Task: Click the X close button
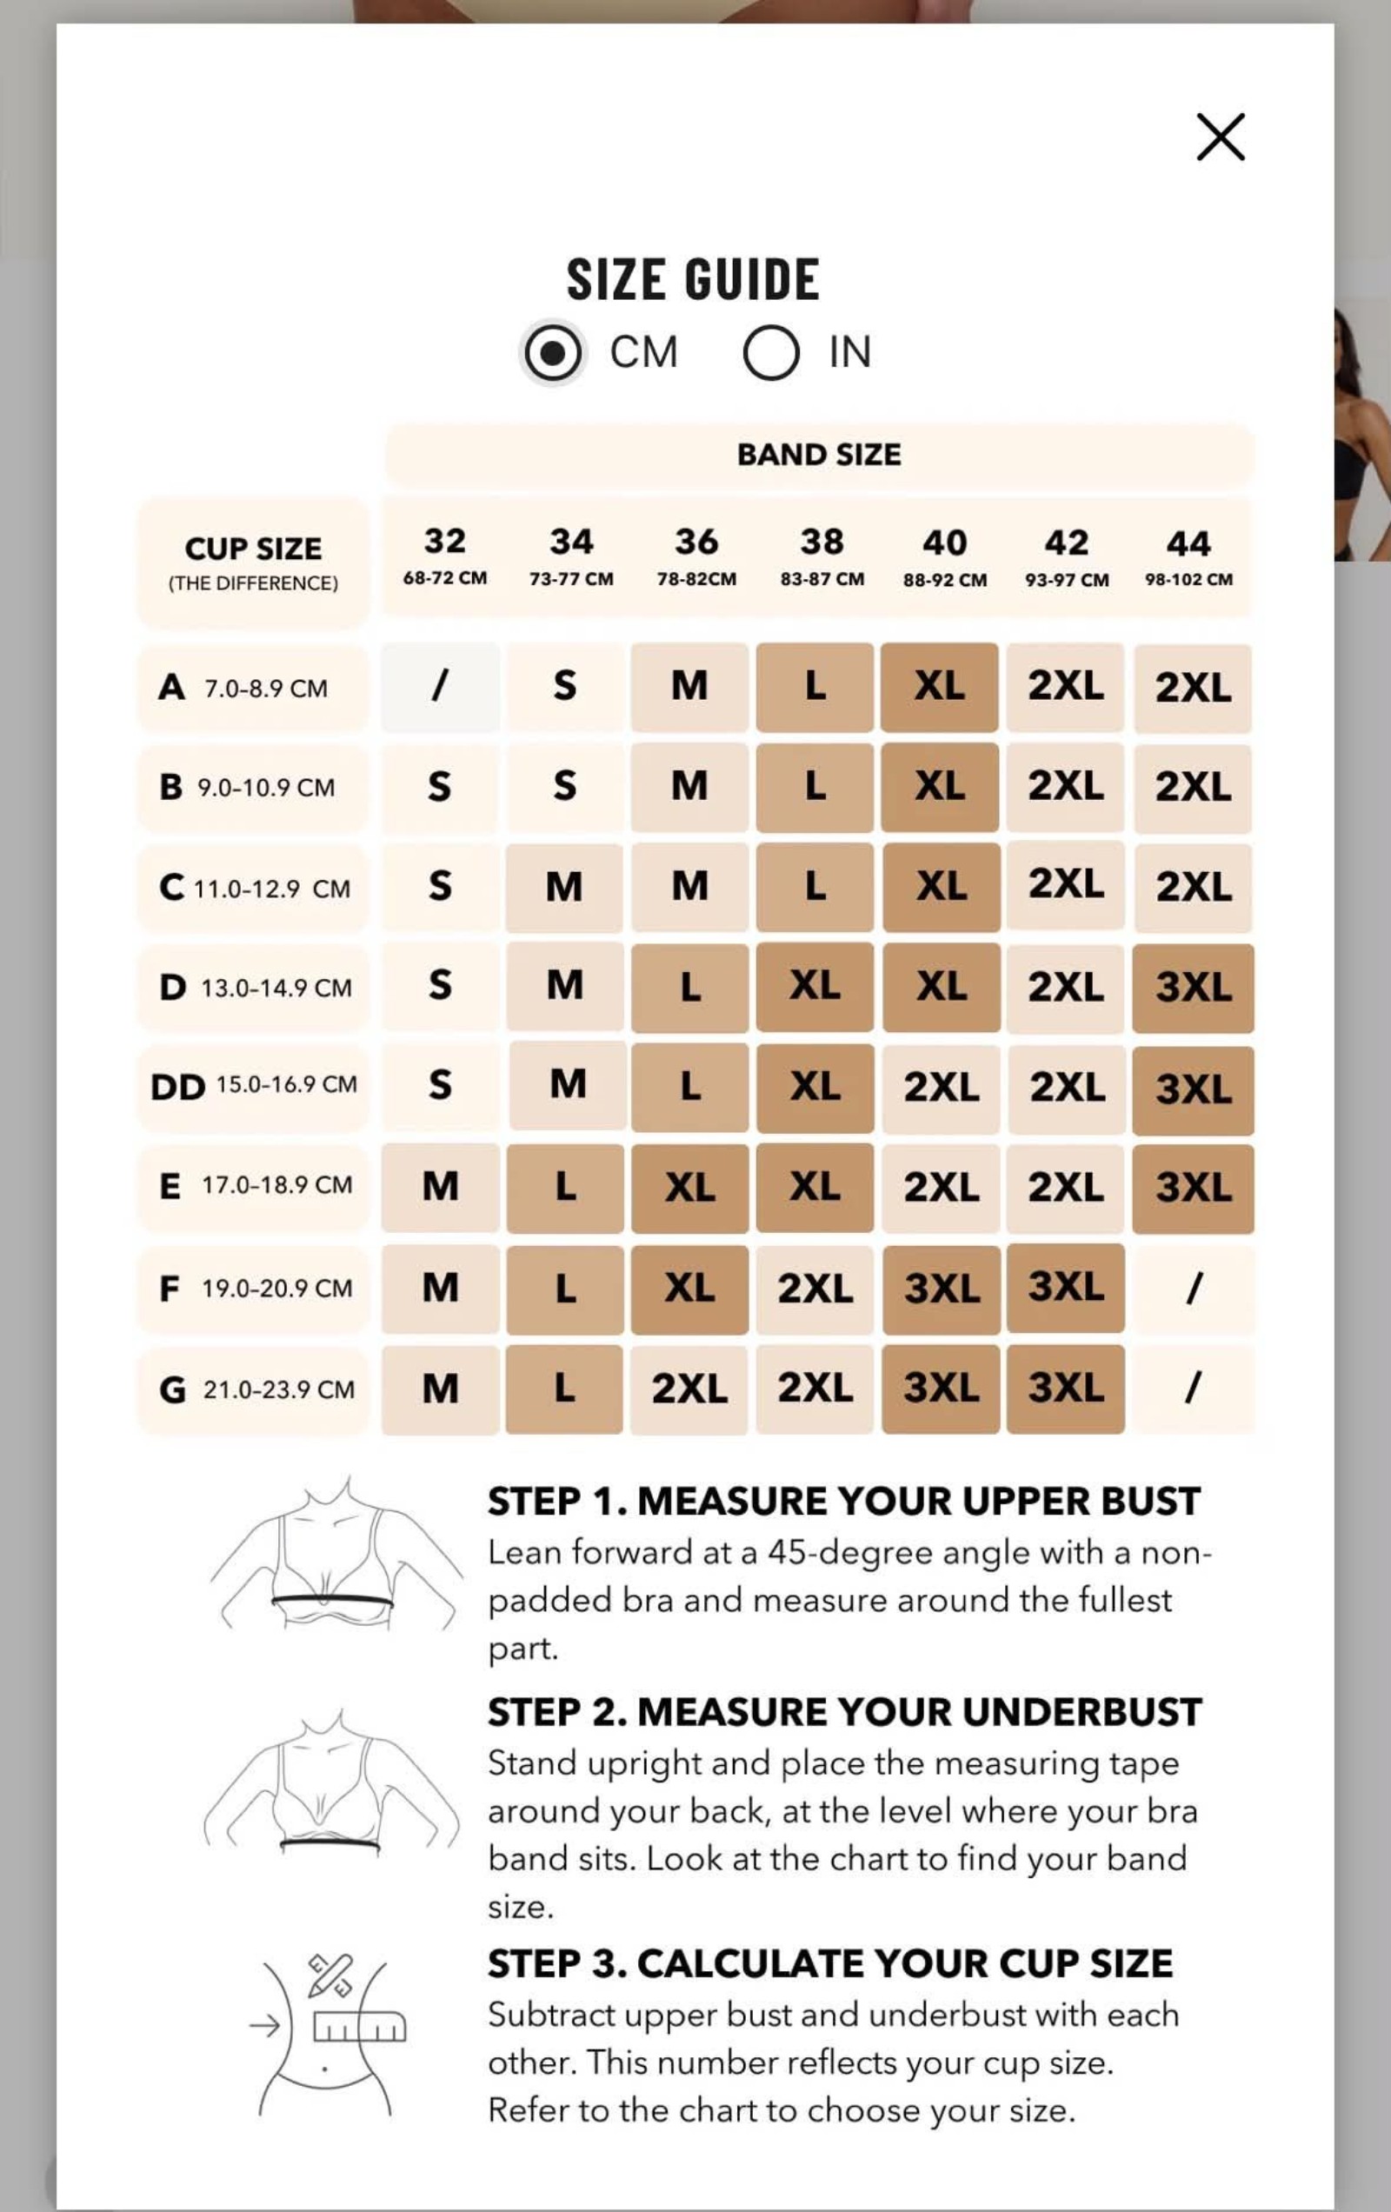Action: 1220,137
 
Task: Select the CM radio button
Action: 551,352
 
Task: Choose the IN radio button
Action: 771,352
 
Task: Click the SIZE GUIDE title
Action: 693,279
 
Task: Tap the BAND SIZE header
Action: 819,455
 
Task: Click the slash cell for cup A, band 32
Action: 441,687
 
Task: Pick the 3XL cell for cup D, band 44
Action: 1194,988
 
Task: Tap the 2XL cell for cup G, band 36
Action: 689,1389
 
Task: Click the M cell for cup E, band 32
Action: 441,1187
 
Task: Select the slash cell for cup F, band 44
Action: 1194,1288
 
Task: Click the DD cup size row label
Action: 254,1087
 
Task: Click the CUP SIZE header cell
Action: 254,563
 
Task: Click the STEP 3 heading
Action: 829,1964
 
